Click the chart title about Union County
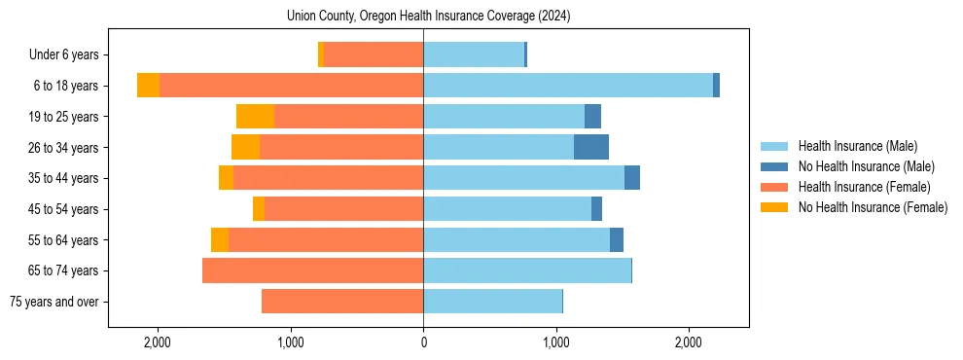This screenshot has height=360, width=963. pyautogui.click(x=429, y=17)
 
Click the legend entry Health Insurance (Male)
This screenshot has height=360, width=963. pyautogui.click(x=857, y=146)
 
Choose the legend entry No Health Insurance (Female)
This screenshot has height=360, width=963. pyautogui.click(x=873, y=207)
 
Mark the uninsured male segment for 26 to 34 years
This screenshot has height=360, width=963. pyautogui.click(x=591, y=147)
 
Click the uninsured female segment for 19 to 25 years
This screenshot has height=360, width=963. pyautogui.click(x=255, y=117)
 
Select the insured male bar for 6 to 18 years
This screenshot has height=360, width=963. pyautogui.click(x=568, y=86)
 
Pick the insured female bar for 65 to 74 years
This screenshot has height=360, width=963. pyautogui.click(x=312, y=270)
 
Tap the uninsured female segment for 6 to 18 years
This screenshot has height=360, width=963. pyautogui.click(x=148, y=86)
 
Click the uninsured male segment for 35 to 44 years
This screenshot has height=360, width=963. pyautogui.click(x=632, y=178)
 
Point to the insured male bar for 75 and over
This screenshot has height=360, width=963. pyautogui.click(x=492, y=302)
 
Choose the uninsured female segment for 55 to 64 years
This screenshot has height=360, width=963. pyautogui.click(x=220, y=239)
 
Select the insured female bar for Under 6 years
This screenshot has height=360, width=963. pyautogui.click(x=374, y=54)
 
